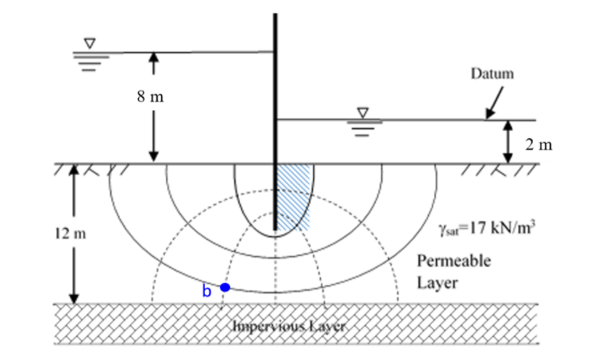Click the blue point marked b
(225, 287)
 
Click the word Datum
(492, 74)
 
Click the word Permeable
(454, 261)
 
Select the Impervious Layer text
(279, 325)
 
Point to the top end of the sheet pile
(275, 16)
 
